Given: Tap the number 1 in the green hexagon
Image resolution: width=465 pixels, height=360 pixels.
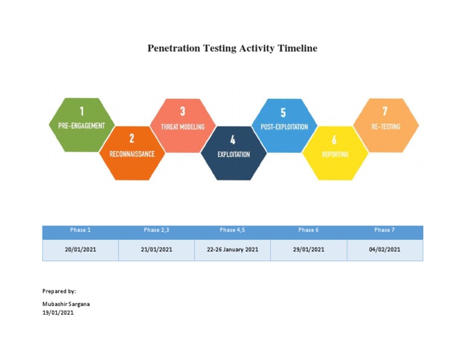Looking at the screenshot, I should coord(82,111).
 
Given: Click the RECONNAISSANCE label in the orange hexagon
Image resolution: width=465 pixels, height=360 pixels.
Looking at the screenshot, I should coord(132,154).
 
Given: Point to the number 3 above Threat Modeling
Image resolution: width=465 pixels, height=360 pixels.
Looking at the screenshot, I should coord(183,112).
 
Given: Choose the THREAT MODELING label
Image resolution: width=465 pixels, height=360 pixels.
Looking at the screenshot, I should coord(182,127).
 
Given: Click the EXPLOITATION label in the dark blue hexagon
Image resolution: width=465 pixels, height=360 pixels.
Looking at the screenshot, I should coord(233,155).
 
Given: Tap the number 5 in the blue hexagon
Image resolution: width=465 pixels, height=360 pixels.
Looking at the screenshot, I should coord(283,112).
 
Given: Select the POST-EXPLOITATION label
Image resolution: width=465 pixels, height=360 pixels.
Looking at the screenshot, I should coord(284,127).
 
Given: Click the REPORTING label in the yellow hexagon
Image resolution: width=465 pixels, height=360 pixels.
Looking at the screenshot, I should coord(335,155).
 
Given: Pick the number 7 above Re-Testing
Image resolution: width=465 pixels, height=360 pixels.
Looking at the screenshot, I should coord(384,112).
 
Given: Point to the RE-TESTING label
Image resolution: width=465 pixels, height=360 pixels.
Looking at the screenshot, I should coord(386,127).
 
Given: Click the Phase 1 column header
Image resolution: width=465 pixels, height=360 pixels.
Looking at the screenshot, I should coord(80,230).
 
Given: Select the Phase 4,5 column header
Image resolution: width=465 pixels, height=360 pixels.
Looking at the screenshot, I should coord(232,230).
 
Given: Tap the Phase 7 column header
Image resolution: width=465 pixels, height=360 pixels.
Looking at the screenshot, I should coord(384,230).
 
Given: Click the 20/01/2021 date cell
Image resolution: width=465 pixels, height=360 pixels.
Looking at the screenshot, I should coord(81,250).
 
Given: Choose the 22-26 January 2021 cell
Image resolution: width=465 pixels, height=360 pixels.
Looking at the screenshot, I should coord(232,250).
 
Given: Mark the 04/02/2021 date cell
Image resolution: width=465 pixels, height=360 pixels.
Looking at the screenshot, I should coord(384,250).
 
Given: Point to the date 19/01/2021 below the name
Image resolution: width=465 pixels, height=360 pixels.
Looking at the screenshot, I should coord(58,313).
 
